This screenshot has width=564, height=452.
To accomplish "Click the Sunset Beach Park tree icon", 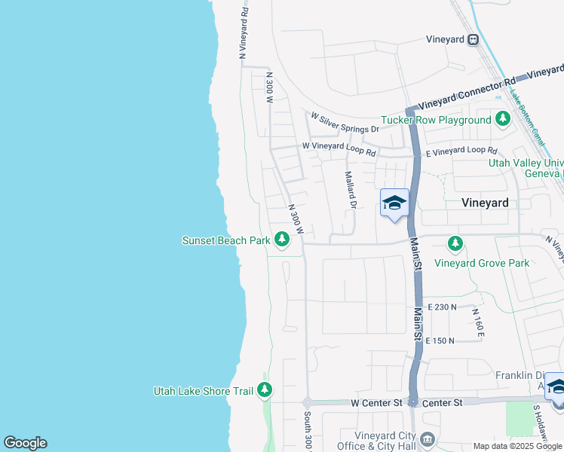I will pyautogui.click(x=282, y=240).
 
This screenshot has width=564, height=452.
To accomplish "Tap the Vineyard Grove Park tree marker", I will pyautogui.click(x=455, y=244).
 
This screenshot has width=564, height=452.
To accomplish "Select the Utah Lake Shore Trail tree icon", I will pyautogui.click(x=264, y=390).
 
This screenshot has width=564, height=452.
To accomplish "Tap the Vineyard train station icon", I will pyautogui.click(x=473, y=40).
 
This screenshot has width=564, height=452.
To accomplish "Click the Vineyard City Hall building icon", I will pyautogui.click(x=427, y=439).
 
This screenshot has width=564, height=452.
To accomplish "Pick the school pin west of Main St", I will pyautogui.click(x=394, y=203).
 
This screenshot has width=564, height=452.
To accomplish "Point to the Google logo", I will pyautogui.click(x=25, y=443).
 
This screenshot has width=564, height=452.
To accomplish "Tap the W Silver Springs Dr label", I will pyautogui.click(x=345, y=122).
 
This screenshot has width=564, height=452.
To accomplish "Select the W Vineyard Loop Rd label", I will pyautogui.click(x=339, y=148).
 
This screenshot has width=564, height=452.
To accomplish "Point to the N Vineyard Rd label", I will pyautogui.click(x=244, y=33).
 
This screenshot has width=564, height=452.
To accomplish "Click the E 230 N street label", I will pyautogui.click(x=443, y=307).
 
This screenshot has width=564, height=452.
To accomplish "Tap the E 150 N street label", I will pyautogui.click(x=441, y=341).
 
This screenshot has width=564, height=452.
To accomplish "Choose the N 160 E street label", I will pyautogui.click(x=477, y=321).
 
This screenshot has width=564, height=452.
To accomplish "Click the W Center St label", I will pyautogui.click(x=377, y=403).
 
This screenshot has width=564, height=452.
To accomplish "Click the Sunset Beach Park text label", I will pyautogui.click(x=226, y=241).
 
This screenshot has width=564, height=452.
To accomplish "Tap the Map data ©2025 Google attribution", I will pyautogui.click(x=517, y=446).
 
